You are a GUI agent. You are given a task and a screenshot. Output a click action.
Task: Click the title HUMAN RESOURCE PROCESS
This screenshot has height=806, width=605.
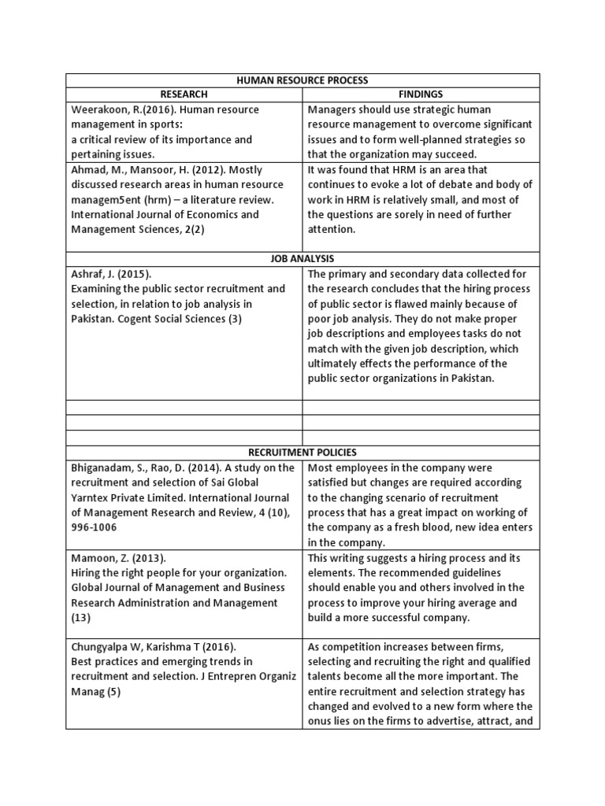[x=302, y=80]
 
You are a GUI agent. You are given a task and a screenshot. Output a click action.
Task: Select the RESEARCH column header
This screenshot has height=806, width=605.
[x=184, y=94]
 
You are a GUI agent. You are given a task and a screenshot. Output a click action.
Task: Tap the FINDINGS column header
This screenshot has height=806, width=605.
[x=421, y=94]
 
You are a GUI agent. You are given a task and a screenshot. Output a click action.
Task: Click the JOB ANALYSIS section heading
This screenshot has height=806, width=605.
[x=302, y=258]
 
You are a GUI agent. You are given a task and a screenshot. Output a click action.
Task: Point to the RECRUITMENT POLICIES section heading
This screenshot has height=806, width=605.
[x=302, y=453]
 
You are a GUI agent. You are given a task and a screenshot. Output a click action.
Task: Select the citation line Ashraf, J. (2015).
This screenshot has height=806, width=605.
[x=111, y=274]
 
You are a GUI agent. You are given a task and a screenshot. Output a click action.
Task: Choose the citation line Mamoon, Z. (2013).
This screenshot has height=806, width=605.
[x=117, y=558]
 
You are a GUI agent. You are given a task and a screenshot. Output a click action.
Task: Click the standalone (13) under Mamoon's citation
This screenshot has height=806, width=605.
[x=81, y=618]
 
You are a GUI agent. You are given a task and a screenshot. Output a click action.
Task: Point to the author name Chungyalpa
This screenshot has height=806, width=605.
[x=104, y=647]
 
